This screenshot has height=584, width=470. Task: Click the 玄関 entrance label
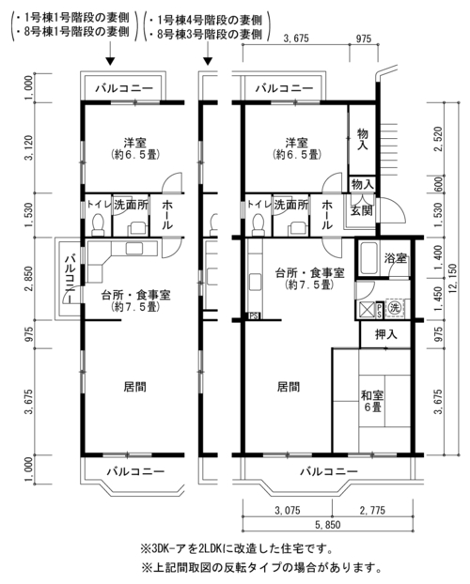click(x=362, y=210)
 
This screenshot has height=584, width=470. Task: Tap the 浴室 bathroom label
click(x=396, y=258)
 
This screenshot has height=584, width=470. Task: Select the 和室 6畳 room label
click(x=372, y=401)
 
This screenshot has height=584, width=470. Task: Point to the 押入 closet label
click(x=386, y=334)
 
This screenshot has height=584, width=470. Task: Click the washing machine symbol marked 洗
click(x=395, y=308)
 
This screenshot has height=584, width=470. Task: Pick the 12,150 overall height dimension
click(x=453, y=278)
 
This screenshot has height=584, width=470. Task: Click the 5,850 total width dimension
click(x=328, y=525)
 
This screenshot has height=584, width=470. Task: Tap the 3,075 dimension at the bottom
click(x=288, y=510)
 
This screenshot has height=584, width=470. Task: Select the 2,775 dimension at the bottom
click(x=372, y=510)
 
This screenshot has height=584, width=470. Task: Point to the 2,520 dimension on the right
click(x=438, y=139)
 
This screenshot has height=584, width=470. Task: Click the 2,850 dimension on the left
click(x=29, y=279)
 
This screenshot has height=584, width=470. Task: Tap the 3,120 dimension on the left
click(x=29, y=147)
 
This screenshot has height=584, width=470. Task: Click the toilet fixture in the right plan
click(x=258, y=224)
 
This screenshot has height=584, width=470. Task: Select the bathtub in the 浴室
click(x=368, y=258)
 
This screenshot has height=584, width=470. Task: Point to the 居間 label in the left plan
click(x=134, y=387)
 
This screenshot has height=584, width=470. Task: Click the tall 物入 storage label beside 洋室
click(x=362, y=139)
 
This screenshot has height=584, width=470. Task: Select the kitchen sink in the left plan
click(x=136, y=248)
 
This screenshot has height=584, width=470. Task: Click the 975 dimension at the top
click(x=364, y=38)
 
